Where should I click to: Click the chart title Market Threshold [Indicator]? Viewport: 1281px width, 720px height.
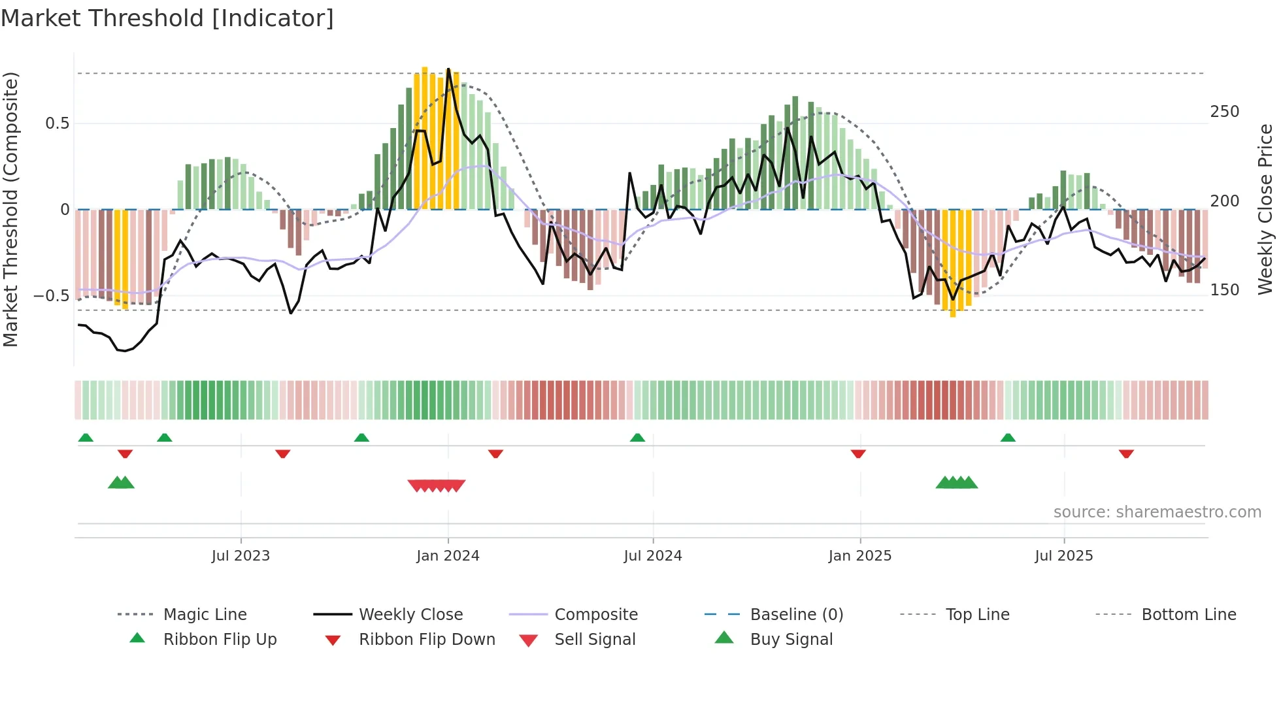coord(167,18)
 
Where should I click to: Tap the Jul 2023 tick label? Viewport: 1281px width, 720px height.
coord(241,556)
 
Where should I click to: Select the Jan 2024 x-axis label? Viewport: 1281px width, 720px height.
coord(448,556)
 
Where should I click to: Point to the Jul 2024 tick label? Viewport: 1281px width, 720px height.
coord(652,556)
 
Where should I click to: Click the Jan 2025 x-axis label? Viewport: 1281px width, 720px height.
coord(859,556)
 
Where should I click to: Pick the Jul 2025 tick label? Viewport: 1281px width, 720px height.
coord(1063,556)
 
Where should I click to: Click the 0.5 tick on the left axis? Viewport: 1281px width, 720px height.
coord(57,123)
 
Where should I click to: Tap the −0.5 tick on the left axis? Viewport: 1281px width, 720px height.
coord(51,296)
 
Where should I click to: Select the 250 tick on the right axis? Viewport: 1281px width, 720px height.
coord(1224,112)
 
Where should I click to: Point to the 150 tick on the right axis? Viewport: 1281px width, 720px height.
coord(1224,290)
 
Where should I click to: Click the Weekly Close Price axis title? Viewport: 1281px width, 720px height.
coord(1265,209)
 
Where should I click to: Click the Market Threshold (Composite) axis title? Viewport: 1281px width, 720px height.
coord(10,209)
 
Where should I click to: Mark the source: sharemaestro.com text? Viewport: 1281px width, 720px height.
coord(1157,512)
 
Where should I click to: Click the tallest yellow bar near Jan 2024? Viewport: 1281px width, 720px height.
coord(425,137)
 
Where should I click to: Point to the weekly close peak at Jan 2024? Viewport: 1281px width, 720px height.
coord(448,69)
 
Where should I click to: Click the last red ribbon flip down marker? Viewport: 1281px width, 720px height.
coord(1125,453)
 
